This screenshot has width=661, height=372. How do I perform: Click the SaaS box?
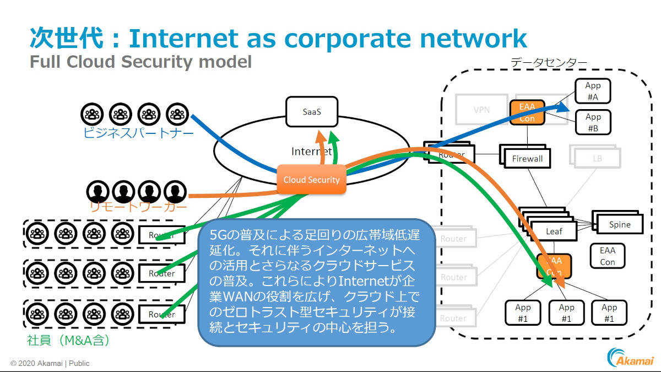click(312, 112)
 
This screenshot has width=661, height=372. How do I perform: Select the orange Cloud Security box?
click(311, 180)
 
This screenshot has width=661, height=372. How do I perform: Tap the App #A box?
click(593, 91)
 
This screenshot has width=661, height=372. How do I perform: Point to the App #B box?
click(593, 122)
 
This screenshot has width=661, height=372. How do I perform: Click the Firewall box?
click(527, 159)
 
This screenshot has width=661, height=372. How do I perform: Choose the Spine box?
click(619, 224)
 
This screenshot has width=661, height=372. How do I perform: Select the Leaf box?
click(554, 231)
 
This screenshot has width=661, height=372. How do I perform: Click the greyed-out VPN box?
click(481, 110)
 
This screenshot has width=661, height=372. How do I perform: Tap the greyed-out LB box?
click(597, 158)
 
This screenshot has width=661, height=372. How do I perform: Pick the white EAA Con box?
click(607, 256)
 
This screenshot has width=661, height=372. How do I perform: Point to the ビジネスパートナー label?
click(139, 133)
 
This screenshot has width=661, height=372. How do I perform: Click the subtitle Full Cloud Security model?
click(140, 61)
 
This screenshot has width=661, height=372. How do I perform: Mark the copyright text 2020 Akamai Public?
click(50, 363)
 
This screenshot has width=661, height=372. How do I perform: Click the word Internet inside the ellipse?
click(311, 151)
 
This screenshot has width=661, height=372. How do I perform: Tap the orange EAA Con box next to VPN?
click(527, 112)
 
